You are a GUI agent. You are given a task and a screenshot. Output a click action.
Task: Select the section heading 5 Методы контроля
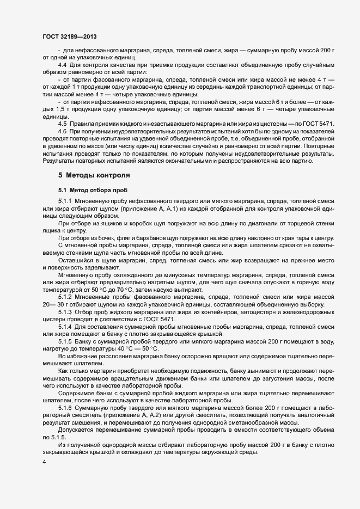[x=94, y=175]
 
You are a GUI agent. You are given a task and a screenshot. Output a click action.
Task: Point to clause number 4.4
[x=63, y=66]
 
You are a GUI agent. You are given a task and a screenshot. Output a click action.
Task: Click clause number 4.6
[x=63, y=131]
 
